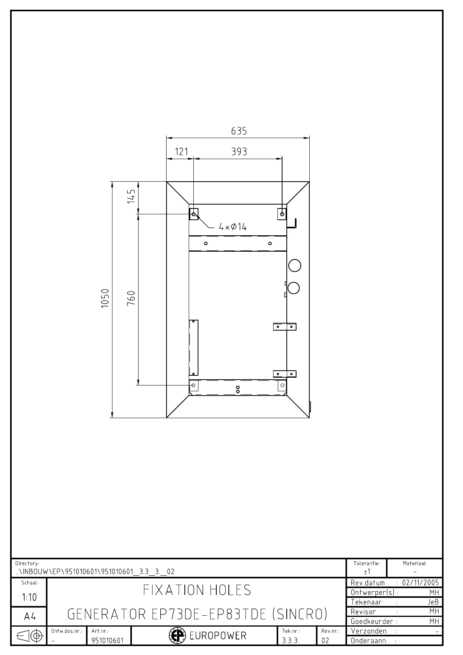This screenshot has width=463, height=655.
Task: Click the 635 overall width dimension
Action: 239,131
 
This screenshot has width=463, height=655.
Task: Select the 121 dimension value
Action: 181,152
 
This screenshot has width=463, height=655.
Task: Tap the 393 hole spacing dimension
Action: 239,152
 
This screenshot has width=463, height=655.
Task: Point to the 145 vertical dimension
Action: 132,196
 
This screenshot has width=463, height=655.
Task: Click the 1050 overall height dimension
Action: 105,298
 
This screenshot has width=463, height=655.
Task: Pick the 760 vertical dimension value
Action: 132,298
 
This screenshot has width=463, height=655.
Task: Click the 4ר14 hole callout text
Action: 233,227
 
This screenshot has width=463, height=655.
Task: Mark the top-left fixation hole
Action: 194,214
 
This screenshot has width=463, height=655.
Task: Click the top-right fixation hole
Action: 282,214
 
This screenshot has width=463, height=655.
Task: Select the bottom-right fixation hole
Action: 282,385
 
